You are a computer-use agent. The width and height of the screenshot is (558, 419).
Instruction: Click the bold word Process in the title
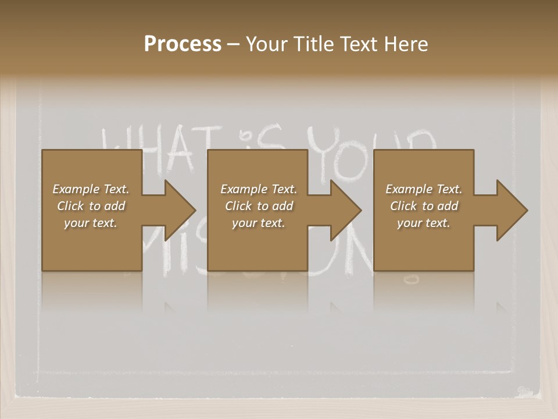pyautogui.click(x=183, y=44)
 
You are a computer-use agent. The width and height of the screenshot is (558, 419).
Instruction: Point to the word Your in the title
pyautogui.click(x=266, y=44)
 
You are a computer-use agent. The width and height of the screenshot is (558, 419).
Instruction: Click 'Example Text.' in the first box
pyautogui.click(x=91, y=189)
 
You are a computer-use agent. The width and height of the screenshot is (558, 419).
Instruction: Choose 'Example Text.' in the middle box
pyautogui.click(x=259, y=189)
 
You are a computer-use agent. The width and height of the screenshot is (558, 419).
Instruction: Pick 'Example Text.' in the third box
pyautogui.click(x=424, y=189)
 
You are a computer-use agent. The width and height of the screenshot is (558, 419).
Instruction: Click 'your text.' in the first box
pyautogui.click(x=91, y=223)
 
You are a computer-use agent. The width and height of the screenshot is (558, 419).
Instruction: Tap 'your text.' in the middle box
pyautogui.click(x=259, y=223)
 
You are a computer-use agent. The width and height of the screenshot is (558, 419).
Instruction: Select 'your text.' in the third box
pyautogui.click(x=424, y=223)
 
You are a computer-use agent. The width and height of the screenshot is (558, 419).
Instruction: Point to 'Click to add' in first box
pyautogui.click(x=91, y=206)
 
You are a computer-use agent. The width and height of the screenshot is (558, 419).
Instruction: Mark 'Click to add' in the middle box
pyautogui.click(x=259, y=206)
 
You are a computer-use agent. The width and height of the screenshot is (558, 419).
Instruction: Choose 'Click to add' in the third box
pyautogui.click(x=424, y=206)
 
